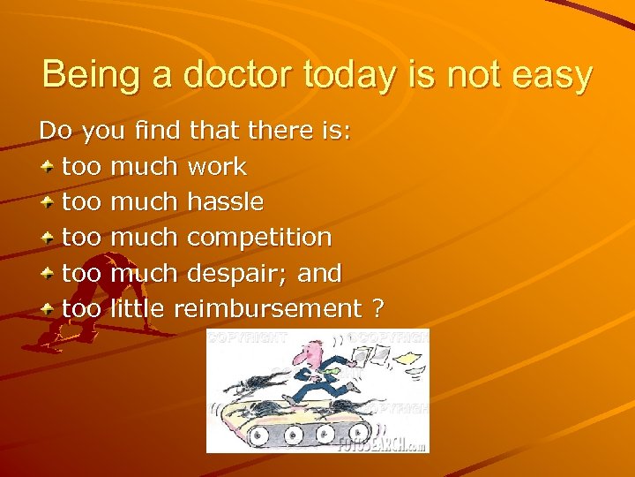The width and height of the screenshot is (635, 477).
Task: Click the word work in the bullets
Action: point(217,166)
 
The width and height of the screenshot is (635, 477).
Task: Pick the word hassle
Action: point(225,201)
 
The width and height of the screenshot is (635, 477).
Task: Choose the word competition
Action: point(259,238)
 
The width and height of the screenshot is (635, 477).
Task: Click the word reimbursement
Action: point(268,308)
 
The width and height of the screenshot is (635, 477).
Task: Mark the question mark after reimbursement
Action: point(377,308)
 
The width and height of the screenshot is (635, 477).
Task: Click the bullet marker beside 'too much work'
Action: point(49,166)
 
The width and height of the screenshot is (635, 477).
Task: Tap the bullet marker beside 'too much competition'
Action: point(49,238)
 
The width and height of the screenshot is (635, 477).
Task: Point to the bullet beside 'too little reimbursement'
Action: point(49,308)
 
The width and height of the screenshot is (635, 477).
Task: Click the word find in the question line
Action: point(157,131)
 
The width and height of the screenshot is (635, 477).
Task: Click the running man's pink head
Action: point(306,355)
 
